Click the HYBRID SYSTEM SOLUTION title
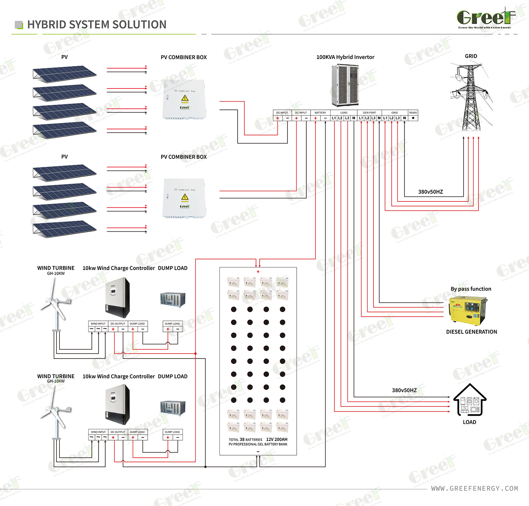97,25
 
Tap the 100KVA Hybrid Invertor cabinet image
345,85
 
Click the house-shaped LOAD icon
470,400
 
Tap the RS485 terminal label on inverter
413,113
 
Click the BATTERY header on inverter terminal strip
320,113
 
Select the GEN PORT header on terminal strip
369,113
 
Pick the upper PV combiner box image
184,100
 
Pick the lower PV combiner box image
184,198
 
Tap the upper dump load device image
173,299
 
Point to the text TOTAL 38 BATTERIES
245,440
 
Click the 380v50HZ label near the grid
430,192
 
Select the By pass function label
471,289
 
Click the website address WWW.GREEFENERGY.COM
475,489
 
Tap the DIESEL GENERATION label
471,332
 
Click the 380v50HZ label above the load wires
404,390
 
